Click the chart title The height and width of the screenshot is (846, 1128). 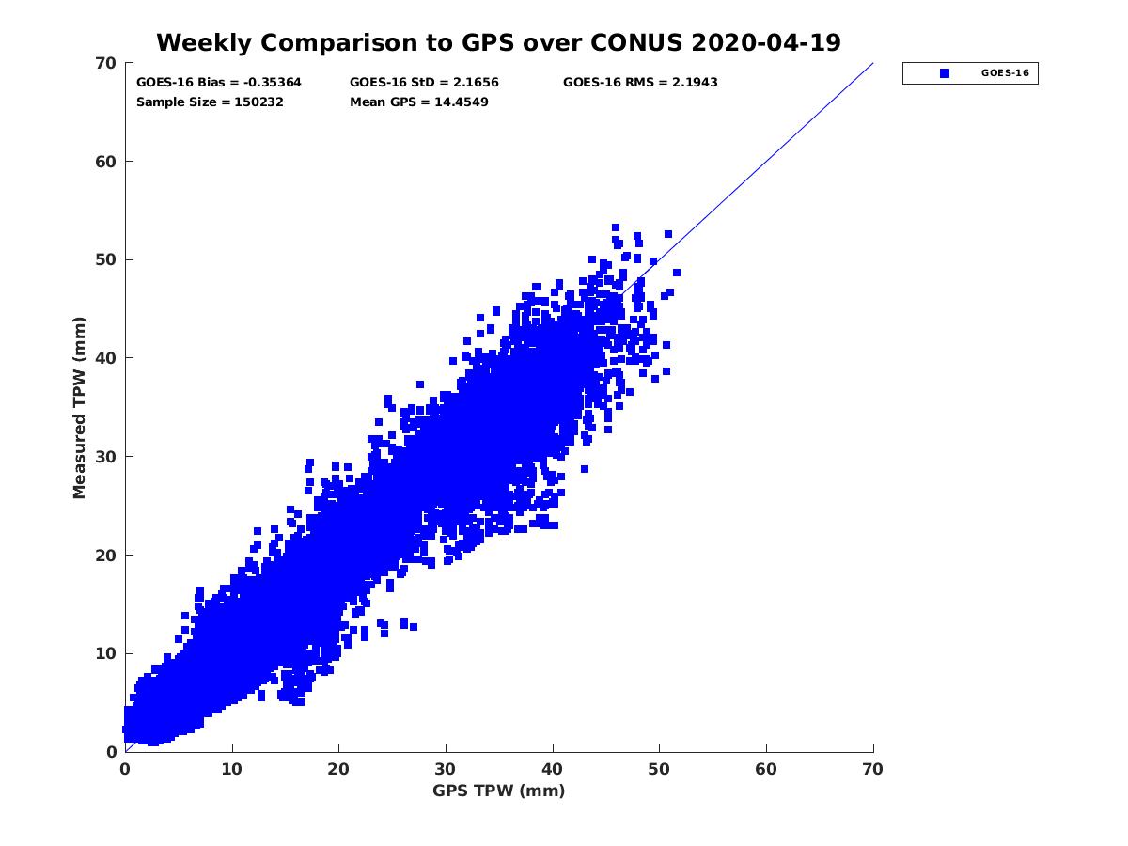click(498, 42)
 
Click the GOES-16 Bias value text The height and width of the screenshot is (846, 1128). click(219, 83)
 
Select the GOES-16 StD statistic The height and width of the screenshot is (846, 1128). click(424, 83)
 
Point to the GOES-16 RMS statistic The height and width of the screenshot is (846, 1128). click(640, 83)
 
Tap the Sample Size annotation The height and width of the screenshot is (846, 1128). click(210, 102)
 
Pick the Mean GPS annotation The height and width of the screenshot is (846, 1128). click(418, 102)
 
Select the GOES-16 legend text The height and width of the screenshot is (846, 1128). click(1004, 73)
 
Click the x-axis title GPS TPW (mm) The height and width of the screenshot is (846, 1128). click(498, 791)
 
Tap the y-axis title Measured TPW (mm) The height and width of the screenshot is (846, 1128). click(80, 407)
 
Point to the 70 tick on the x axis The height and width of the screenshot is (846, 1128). click(873, 769)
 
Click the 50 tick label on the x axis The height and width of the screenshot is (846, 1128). click(659, 769)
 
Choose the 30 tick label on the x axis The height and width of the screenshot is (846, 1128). click(446, 769)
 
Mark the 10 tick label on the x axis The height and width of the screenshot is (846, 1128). click(232, 769)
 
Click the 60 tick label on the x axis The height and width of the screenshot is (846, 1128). click(766, 769)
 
